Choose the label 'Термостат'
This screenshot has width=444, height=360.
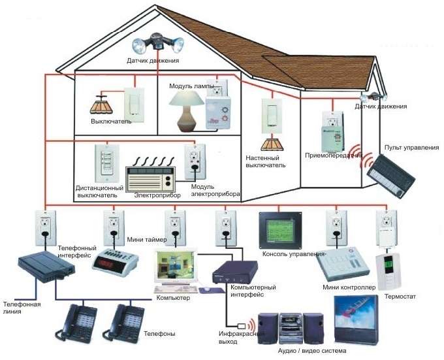pyautogui.click(x=400, y=297)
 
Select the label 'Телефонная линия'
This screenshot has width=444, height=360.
pyautogui.click(x=22, y=308)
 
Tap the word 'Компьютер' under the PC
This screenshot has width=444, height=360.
pyautogui.click(x=173, y=298)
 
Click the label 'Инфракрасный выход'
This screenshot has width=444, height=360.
pyautogui.click(x=242, y=338)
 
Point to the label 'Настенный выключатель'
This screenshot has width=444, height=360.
pyautogui.click(x=266, y=161)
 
